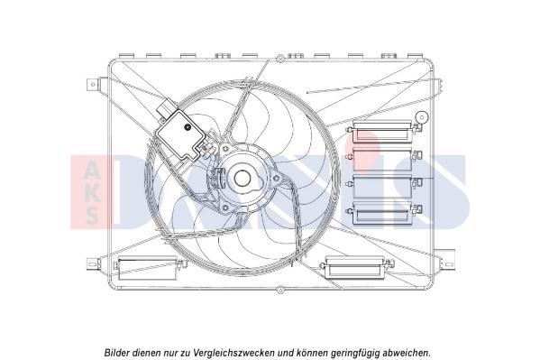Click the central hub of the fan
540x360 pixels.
[239, 178]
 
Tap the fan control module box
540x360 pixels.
[182, 135]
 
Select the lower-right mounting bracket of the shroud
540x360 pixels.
[444, 254]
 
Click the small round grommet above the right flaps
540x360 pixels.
[420, 116]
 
